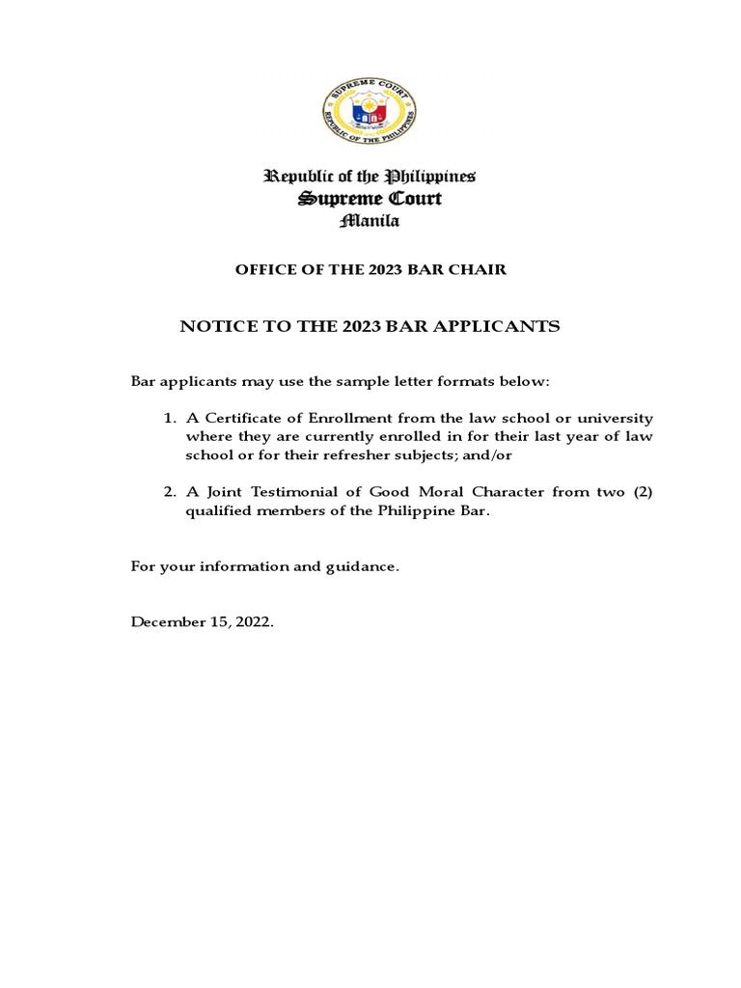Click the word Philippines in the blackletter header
430,177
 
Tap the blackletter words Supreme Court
370,199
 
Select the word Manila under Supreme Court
370,221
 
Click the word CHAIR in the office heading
478,270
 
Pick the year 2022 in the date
255,622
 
